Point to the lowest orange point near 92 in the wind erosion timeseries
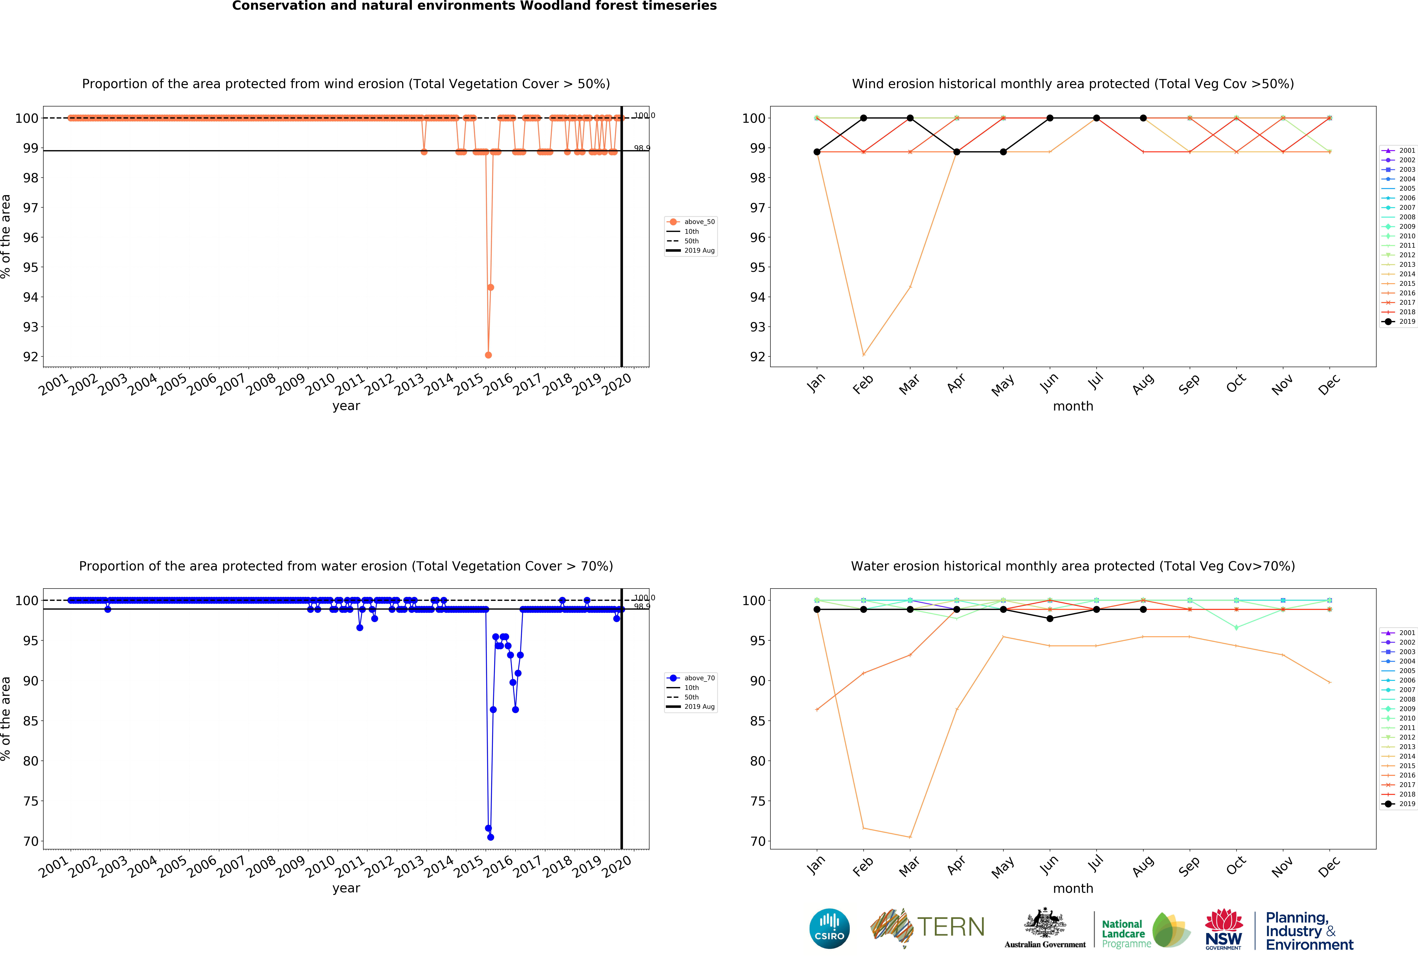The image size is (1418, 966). pos(488,355)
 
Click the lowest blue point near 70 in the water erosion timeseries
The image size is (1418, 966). pos(491,837)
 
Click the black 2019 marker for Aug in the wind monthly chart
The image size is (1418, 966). pos(1143,118)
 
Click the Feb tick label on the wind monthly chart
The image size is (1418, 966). pos(863,384)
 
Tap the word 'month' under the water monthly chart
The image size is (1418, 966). pos(1073,889)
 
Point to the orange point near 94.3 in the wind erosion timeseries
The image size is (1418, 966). pos(491,287)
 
